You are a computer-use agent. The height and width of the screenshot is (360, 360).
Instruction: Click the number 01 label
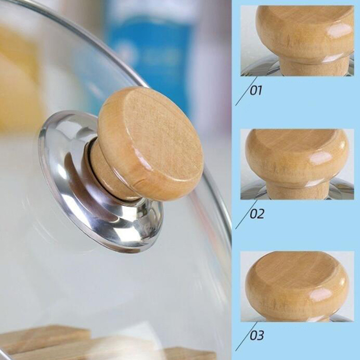(256, 90)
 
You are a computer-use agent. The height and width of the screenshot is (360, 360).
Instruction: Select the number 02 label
(256, 214)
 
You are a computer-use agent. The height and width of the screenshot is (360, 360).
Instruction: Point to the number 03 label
(256, 335)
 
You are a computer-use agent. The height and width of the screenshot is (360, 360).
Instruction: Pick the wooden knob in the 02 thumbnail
(297, 163)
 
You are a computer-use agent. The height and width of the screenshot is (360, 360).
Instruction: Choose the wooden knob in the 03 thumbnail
(297, 286)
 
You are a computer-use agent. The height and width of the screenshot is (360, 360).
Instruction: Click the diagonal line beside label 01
(246, 91)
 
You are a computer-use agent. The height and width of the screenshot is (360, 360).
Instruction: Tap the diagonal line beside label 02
(246, 214)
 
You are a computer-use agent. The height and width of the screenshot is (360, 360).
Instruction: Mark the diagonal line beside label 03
(246, 336)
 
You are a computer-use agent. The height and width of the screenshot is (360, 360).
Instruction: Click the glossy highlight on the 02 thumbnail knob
(321, 158)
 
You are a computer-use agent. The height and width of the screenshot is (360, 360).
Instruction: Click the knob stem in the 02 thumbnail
(298, 190)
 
